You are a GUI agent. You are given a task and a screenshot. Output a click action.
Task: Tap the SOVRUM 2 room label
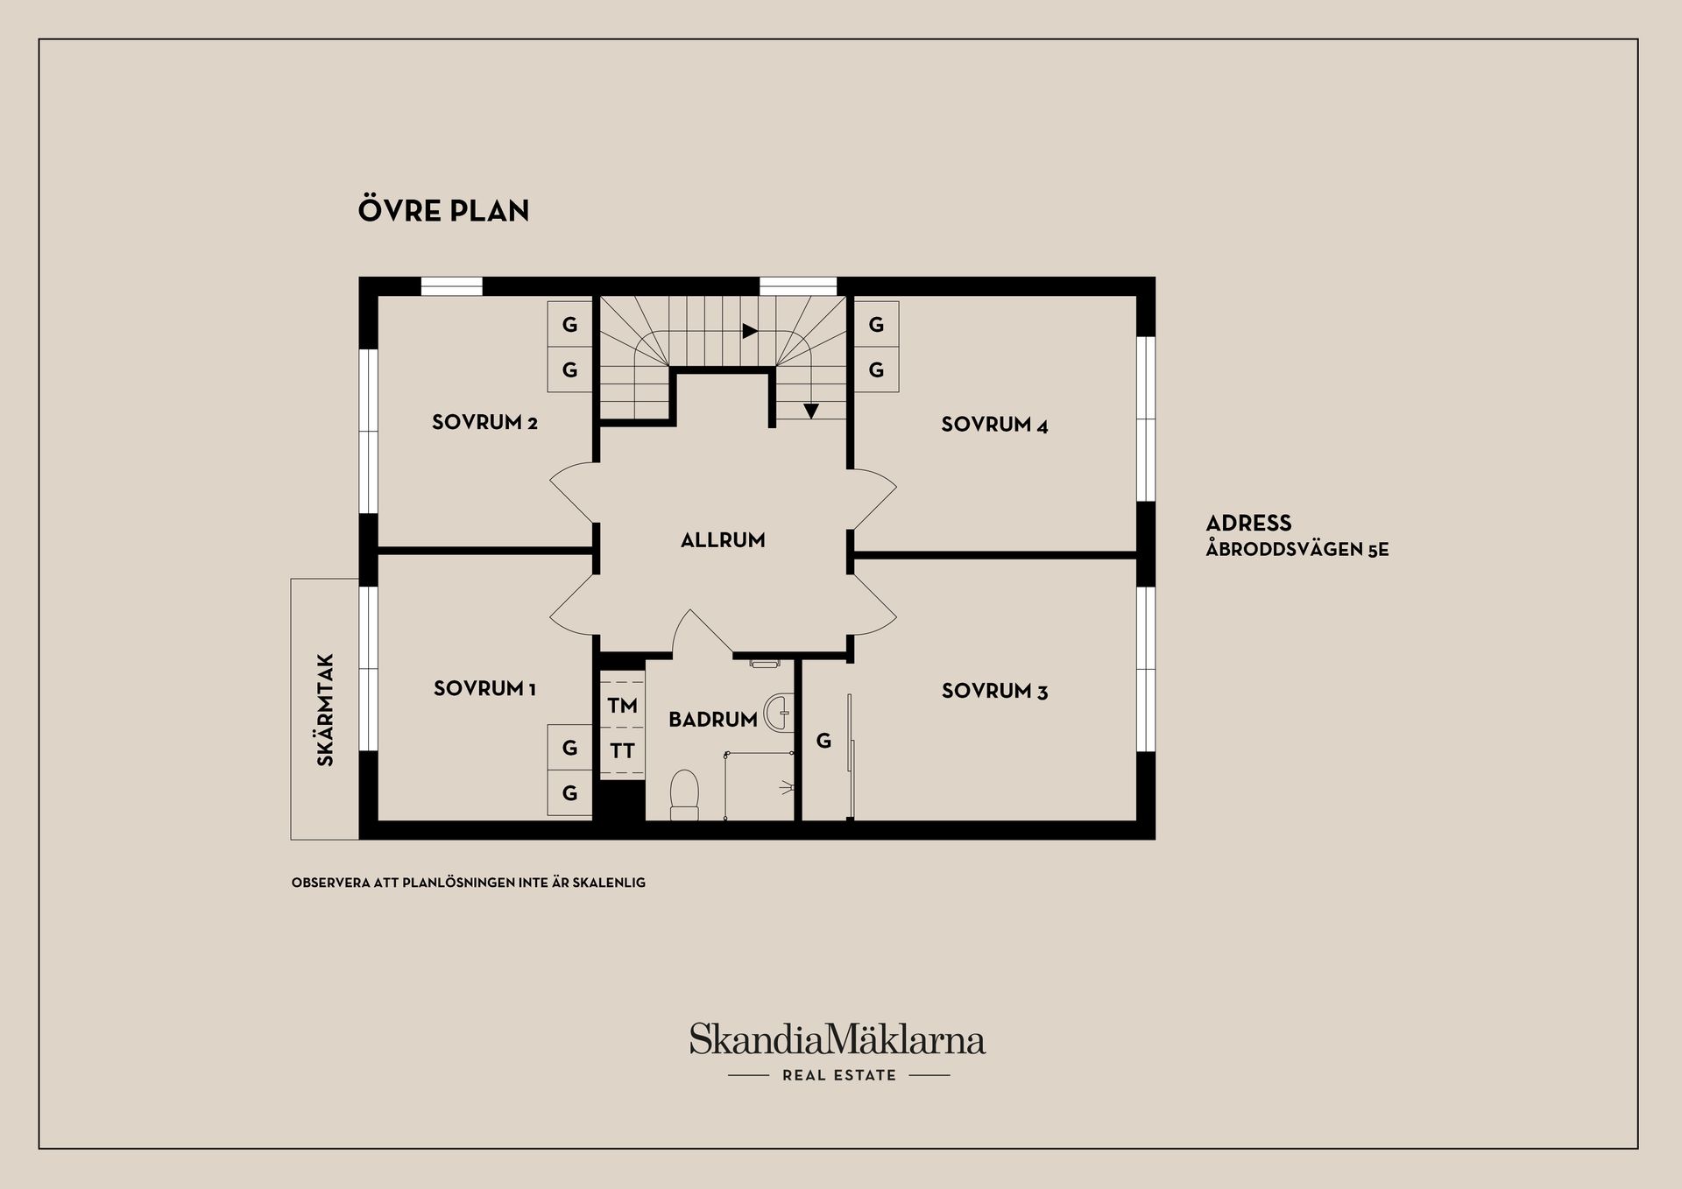click(x=484, y=423)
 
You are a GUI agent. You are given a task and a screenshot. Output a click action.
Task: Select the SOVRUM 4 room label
click(x=994, y=425)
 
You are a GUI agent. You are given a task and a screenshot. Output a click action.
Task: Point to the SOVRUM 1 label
click(x=484, y=689)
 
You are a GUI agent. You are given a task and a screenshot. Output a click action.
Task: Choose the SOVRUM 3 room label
click(x=994, y=691)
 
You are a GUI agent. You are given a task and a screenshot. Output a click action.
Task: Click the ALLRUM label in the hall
click(x=723, y=540)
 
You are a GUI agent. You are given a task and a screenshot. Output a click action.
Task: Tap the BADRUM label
click(x=713, y=720)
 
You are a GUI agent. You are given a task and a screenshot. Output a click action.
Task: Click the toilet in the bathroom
click(x=684, y=795)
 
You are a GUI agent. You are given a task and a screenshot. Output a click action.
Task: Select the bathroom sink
click(x=778, y=713)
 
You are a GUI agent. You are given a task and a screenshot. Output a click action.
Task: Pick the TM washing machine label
click(x=623, y=706)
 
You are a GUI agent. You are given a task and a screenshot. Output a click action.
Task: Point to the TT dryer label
click(x=623, y=751)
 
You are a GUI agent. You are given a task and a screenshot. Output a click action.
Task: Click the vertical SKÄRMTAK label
click(x=326, y=710)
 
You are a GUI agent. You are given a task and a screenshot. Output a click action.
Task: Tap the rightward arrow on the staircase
click(x=750, y=331)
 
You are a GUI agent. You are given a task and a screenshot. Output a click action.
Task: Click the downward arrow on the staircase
click(x=811, y=411)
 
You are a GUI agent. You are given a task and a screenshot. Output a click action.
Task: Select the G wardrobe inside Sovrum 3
click(x=823, y=742)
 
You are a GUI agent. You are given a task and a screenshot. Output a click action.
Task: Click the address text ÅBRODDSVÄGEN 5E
click(x=1297, y=550)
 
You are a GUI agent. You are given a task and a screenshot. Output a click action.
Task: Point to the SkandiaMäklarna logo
click(x=837, y=1039)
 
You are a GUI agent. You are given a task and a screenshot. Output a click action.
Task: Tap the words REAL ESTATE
click(x=839, y=1075)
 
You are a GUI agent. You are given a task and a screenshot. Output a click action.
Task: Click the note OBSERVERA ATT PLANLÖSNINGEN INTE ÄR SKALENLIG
click(x=469, y=883)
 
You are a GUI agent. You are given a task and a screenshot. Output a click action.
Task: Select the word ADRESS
click(x=1248, y=524)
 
